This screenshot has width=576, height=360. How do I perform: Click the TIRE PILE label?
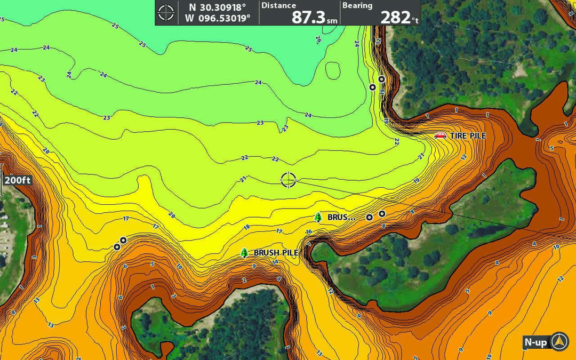click(x=468, y=136)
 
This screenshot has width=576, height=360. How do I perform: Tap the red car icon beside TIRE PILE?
click(x=440, y=135)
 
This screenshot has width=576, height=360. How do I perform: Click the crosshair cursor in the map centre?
click(x=288, y=180)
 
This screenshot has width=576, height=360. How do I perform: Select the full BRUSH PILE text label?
click(x=275, y=253)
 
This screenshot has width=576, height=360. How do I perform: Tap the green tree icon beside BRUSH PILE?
click(x=244, y=253)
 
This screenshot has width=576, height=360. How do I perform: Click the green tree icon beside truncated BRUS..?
click(x=318, y=217)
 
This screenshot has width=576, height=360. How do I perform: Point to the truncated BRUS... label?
click(x=341, y=218)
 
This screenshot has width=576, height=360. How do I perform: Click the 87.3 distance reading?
click(x=308, y=17)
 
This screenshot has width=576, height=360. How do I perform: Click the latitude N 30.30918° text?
click(x=218, y=7)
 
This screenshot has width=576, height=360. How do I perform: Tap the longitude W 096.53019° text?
click(x=218, y=18)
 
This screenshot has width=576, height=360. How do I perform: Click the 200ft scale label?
click(x=17, y=180)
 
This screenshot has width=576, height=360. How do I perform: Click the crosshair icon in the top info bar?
click(x=166, y=12)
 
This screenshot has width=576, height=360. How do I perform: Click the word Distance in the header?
click(x=278, y=5)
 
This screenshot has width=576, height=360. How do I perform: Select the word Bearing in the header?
click(x=357, y=5)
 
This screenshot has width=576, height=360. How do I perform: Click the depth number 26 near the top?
click(x=318, y=39)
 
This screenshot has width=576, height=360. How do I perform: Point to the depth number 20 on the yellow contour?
click(x=171, y=215)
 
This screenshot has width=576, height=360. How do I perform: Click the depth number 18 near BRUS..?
click(x=246, y=227)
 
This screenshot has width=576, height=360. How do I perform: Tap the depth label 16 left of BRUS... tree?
click(x=308, y=231)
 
